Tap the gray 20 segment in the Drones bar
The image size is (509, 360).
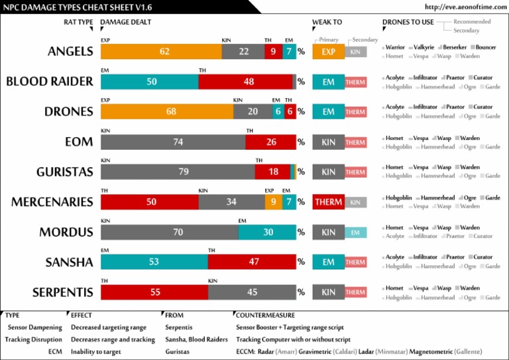point(253,111)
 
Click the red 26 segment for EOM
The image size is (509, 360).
point(270,142)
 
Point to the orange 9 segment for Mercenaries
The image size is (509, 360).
point(273,202)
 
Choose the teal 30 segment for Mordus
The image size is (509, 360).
point(267,232)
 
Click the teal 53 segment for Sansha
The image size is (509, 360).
point(154,262)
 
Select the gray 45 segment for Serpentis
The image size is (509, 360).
point(252,292)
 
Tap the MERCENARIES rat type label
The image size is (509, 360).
point(52,202)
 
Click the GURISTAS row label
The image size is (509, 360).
point(64,172)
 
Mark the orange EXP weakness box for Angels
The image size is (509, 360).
point(328,52)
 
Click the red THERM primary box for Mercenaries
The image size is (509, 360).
point(328,202)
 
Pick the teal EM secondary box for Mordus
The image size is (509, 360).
point(355,232)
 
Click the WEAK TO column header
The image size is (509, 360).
point(327,22)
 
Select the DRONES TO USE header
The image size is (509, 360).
point(408,22)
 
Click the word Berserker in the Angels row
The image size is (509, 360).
point(455,47)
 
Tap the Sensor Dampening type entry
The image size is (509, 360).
point(34,327)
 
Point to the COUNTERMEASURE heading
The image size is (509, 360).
point(265,315)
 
